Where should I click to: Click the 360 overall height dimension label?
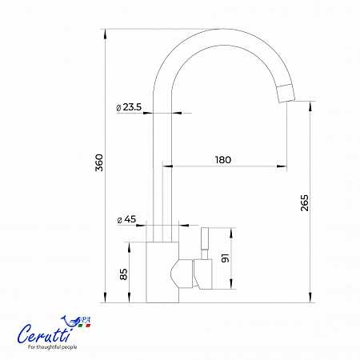click(x=99, y=162)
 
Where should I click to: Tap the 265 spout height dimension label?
click(x=304, y=203)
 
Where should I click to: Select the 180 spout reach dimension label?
click(x=223, y=160)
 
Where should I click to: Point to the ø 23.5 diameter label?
click(x=129, y=107)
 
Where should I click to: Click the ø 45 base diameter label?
click(x=126, y=219)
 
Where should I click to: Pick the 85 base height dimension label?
click(x=123, y=274)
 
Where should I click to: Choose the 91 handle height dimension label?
click(x=226, y=258)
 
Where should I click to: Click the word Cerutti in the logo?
click(x=44, y=334)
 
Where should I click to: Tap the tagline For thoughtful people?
click(x=53, y=347)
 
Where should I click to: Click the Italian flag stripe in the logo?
click(x=85, y=326)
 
